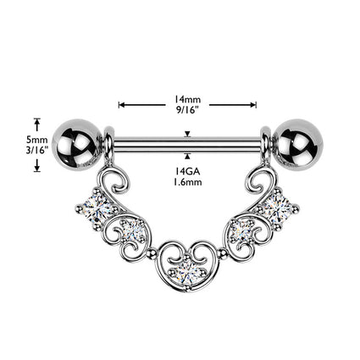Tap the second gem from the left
pyautogui.click(x=132, y=230)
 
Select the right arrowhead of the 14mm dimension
pyautogui.click(x=253, y=105)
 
